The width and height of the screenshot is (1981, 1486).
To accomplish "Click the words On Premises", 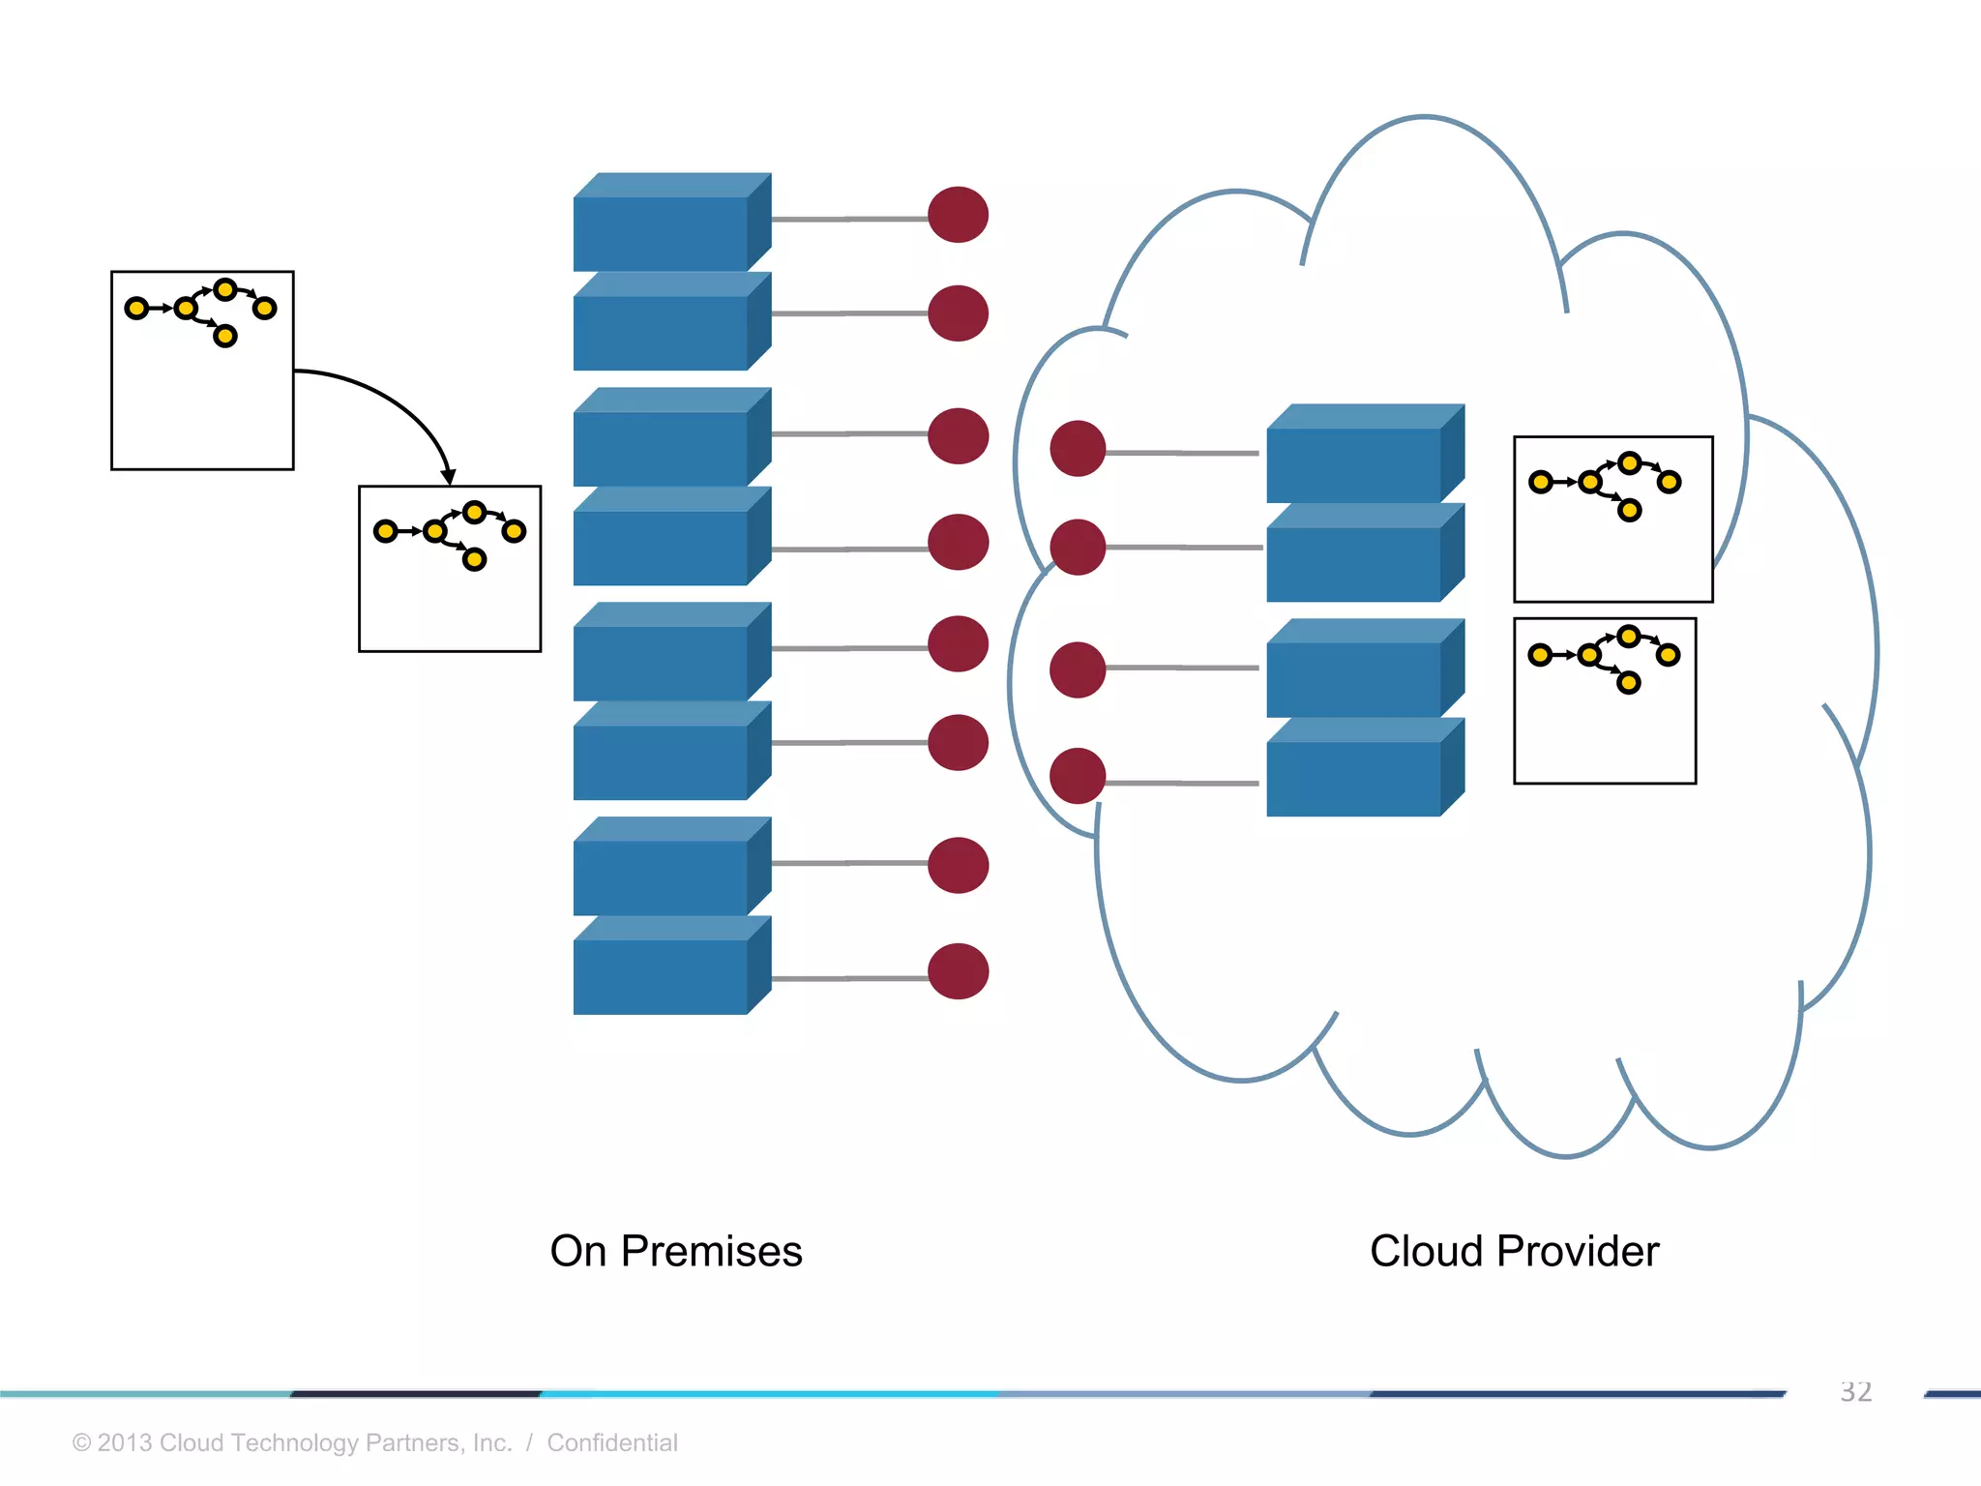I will coord(676,1251).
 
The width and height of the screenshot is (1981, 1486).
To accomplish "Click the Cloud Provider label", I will coord(1514,1251).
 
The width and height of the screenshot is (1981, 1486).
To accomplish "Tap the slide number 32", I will coord(1855,1391).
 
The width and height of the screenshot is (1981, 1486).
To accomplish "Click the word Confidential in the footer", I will coord(611,1442).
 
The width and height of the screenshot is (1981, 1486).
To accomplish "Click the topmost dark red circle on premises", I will coord(958,215).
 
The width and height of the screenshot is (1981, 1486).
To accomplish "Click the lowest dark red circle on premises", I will coord(958,971).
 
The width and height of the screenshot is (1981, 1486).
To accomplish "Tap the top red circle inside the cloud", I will coord(1078,449).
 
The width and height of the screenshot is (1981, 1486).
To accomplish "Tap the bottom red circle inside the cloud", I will coord(1078,776).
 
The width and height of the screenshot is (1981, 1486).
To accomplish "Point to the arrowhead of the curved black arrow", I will coord(448,477).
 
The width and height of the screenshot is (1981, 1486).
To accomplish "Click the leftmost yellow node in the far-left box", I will coord(137,309).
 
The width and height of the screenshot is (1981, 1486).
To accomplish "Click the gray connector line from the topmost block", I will coord(849,220).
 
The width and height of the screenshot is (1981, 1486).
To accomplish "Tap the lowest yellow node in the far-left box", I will coord(225,336).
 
